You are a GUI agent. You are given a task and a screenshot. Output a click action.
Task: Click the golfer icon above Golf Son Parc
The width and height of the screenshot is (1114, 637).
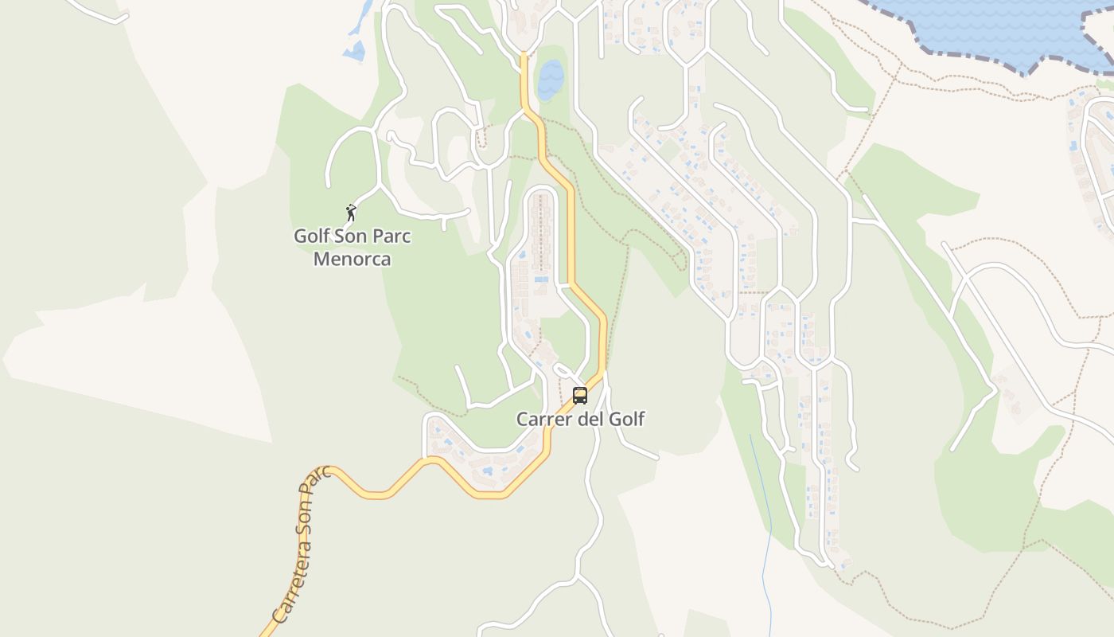tap(351, 213)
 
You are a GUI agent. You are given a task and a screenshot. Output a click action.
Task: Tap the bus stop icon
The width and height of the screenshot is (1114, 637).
tap(580, 395)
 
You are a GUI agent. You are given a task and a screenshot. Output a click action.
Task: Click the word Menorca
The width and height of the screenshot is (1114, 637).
tap(352, 259)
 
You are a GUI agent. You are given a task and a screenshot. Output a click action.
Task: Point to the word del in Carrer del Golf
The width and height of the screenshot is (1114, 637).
tap(590, 419)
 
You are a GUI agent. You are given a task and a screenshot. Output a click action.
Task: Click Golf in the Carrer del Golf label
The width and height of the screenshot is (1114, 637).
tap(626, 419)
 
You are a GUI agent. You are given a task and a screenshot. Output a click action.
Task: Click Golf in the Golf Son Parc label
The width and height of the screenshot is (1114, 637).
tap(311, 236)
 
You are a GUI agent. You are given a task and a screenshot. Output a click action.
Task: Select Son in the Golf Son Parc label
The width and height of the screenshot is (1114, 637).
tap(353, 236)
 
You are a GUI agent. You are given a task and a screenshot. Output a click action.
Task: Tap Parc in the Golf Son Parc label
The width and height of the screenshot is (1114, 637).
tap(392, 236)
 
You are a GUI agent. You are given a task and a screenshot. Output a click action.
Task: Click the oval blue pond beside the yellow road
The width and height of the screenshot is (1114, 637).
tap(550, 80)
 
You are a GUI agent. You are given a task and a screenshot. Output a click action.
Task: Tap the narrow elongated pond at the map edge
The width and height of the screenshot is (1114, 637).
tap(362, 18)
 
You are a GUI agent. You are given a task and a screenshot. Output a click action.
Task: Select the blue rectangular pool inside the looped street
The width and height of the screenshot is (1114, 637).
tap(542, 279)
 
